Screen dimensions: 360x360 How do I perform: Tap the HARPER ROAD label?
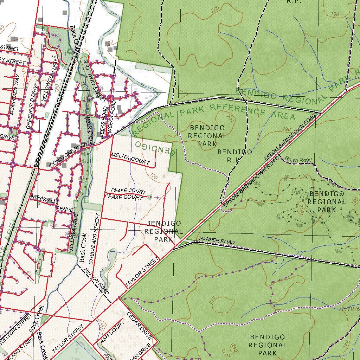click(217, 242)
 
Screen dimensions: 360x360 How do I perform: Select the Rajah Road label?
click(298, 160)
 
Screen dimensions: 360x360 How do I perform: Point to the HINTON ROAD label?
click(96, 281)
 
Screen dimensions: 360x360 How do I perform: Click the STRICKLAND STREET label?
click(95, 239)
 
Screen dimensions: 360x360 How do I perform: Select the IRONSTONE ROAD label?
click(68, 155)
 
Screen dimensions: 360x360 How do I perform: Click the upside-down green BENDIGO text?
click(155, 148)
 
